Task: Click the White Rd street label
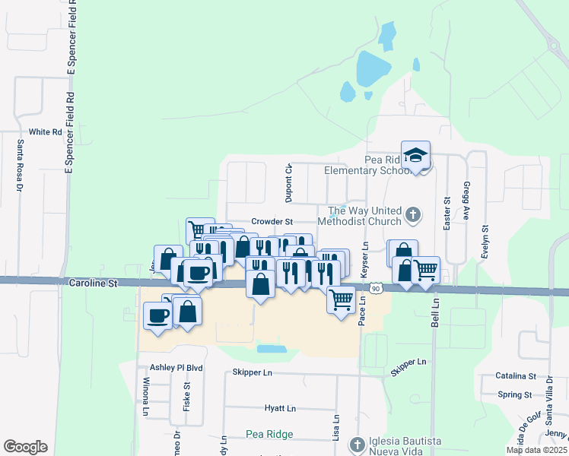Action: [45, 132]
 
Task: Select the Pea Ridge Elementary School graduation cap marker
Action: [415, 156]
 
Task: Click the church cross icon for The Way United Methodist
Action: [413, 215]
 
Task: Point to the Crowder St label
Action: [272, 221]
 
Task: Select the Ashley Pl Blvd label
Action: [176, 368]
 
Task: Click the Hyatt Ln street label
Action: [280, 409]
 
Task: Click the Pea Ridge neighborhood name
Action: [269, 435]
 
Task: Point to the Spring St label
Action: [514, 394]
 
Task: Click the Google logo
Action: [25, 447]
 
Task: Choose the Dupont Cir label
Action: [289, 183]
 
